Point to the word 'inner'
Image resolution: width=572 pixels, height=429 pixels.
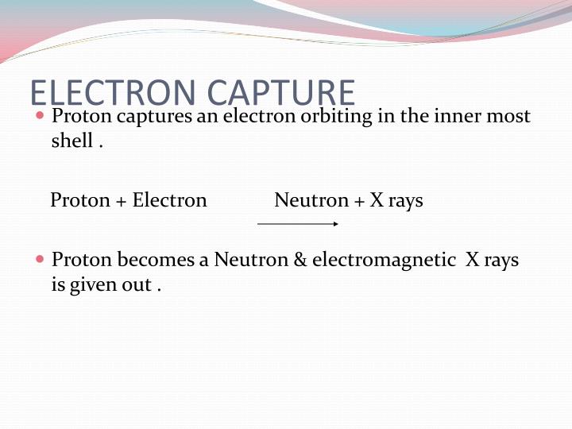point(455,116)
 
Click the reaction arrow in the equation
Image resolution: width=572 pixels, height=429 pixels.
point(298,224)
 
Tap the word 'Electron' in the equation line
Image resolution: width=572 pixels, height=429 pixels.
point(169,200)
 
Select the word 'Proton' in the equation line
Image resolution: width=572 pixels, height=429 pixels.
point(79,200)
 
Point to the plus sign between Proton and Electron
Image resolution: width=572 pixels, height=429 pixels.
point(121,201)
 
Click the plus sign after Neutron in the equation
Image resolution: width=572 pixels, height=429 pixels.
point(359,201)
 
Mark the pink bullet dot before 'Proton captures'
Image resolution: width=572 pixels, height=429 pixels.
point(41,116)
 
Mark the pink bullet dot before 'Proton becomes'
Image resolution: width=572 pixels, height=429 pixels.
point(41,260)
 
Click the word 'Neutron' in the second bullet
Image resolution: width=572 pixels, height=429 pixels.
point(251,260)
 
